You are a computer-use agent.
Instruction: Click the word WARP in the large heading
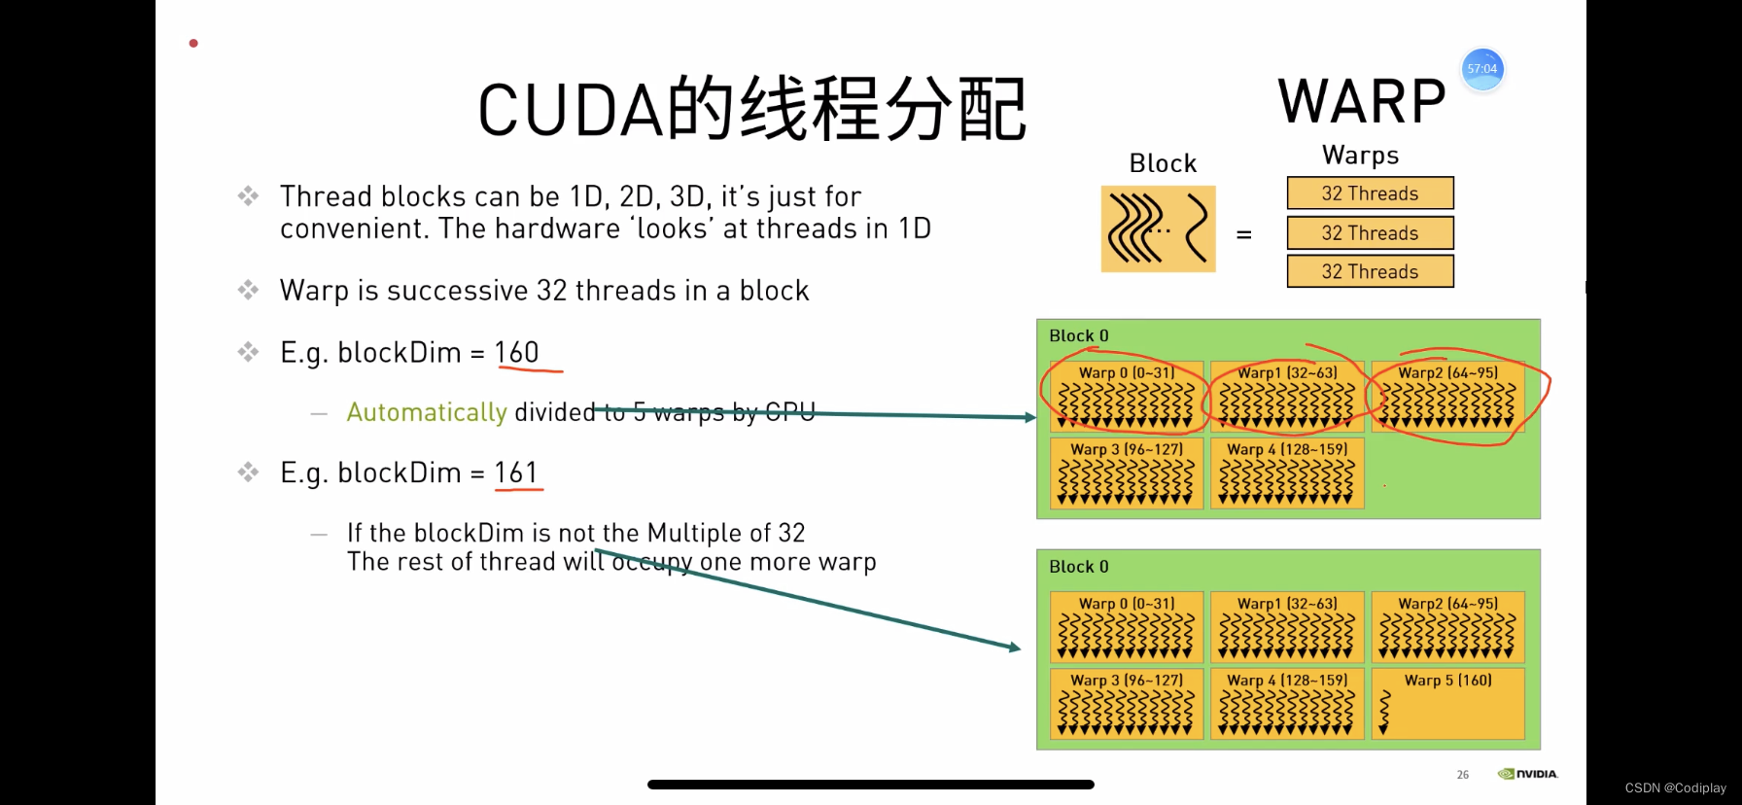point(1361,102)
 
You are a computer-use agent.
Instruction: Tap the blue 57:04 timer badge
point(1482,69)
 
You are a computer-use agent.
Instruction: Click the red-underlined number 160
point(516,352)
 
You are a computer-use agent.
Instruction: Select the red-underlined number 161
point(516,472)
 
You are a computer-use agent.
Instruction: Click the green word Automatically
point(427,412)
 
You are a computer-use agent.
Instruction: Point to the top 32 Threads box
point(1370,193)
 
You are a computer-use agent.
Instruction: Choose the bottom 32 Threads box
point(1370,272)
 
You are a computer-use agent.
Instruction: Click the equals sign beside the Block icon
point(1243,235)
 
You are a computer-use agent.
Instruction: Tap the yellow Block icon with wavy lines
point(1158,228)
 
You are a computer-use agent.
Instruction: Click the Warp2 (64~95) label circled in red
point(1447,372)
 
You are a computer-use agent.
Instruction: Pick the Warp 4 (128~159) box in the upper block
point(1287,473)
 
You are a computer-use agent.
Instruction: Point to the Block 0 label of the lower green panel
point(1079,567)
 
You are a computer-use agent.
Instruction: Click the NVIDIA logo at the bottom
point(1528,774)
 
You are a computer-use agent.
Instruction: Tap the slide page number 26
point(1462,775)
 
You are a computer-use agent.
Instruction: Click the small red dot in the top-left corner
point(193,43)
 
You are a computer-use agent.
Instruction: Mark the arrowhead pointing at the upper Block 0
point(1030,417)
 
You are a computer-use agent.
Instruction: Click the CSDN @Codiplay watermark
point(1675,787)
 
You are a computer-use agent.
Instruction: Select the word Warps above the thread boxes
point(1360,156)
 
